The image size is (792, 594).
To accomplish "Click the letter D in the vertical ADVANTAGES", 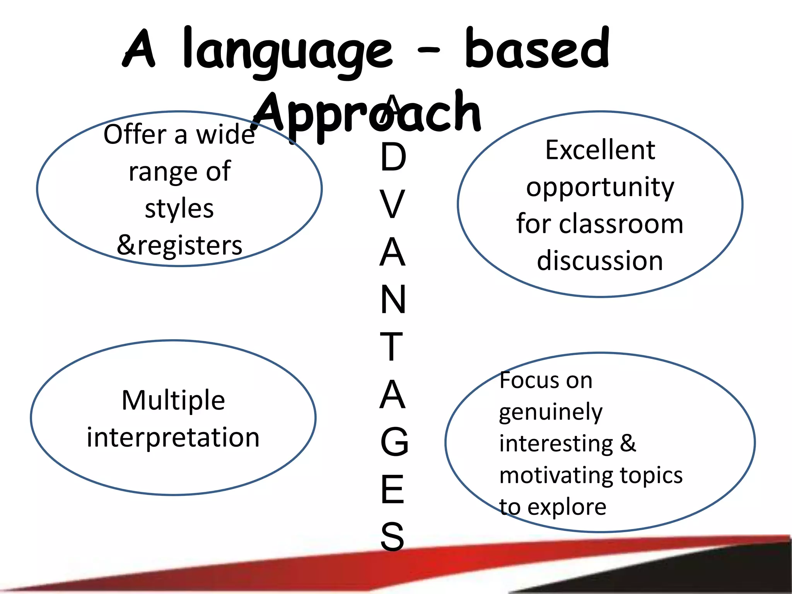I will (393, 157).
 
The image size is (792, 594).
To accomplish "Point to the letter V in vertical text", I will (392, 204).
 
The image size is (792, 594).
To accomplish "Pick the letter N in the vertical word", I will (393, 299).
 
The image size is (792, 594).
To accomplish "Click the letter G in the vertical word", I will (394, 442).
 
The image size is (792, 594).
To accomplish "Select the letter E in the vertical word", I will (392, 489).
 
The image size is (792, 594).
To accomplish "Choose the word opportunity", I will (600, 188).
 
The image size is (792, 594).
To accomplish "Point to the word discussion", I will (600, 260).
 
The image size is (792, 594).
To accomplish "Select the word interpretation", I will (173, 437).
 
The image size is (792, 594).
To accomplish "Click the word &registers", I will (179, 245).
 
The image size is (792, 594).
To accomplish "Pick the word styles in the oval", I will (179, 208).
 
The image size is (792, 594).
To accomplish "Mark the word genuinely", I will (551, 412).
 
